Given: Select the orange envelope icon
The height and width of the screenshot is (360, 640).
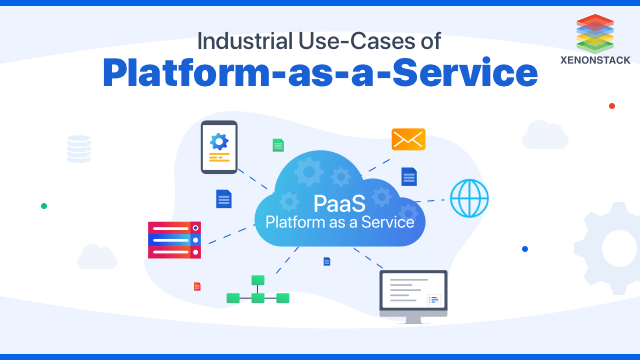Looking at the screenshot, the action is click(x=408, y=139).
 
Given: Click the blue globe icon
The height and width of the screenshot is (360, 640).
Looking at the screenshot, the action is click(x=468, y=197).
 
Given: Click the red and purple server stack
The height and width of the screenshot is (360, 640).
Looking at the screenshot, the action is click(x=175, y=240).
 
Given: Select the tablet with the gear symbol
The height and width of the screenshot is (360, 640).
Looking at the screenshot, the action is click(x=219, y=147).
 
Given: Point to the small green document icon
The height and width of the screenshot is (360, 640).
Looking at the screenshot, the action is click(x=278, y=145).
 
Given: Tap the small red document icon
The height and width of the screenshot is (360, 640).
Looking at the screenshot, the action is click(x=197, y=287).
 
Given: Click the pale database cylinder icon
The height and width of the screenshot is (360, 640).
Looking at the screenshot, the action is click(x=78, y=149).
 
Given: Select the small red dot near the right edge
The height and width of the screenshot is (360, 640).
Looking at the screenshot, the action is click(x=611, y=105).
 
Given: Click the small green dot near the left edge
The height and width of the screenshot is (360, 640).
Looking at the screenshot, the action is click(x=44, y=206).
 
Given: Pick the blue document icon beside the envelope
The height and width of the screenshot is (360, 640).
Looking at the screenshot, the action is click(x=408, y=176).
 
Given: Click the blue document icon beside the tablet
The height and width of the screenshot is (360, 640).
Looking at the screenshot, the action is click(x=223, y=199).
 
